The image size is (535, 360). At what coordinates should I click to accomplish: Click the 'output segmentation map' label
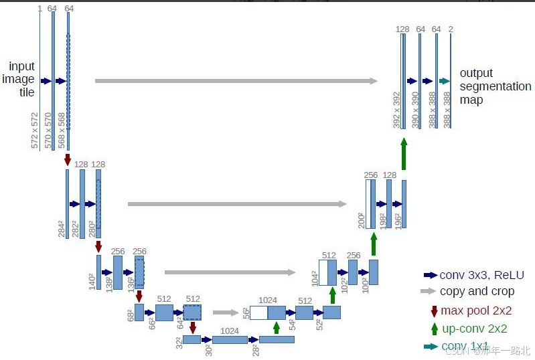click(495, 86)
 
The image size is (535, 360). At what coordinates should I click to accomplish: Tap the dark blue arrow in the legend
click(430, 275)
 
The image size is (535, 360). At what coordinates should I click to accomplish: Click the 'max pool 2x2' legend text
click(475, 310)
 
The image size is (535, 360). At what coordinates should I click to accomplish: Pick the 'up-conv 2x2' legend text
click(473, 329)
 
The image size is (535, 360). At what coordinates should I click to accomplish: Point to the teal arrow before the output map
click(443, 81)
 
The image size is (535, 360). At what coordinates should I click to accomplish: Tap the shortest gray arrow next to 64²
click(226, 312)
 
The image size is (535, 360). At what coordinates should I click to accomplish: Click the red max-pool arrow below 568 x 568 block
click(68, 160)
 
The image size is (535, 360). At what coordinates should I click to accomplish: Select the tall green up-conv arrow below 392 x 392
click(404, 154)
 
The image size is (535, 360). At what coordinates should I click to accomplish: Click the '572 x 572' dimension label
click(35, 130)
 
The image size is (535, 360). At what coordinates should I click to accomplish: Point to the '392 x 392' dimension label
click(397, 110)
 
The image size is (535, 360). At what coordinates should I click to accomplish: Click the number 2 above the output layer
click(451, 29)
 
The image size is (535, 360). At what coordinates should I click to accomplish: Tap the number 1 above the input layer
click(40, 8)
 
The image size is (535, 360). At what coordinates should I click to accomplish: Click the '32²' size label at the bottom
click(178, 343)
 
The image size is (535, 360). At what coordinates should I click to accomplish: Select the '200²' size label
click(362, 220)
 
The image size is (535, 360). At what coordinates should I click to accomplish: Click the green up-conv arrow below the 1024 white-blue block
click(277, 327)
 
